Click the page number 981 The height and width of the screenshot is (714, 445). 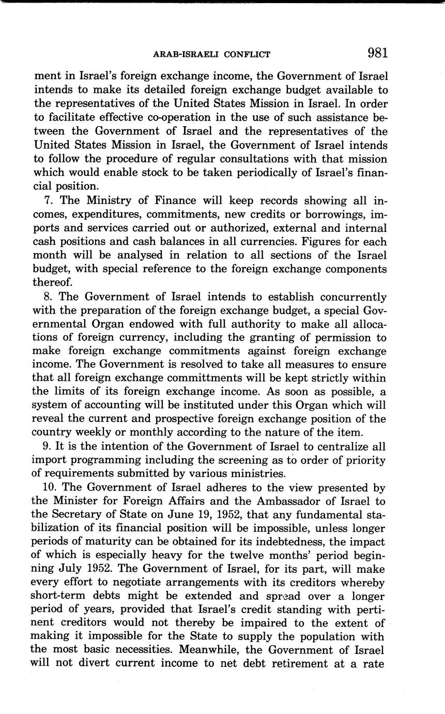377,53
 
